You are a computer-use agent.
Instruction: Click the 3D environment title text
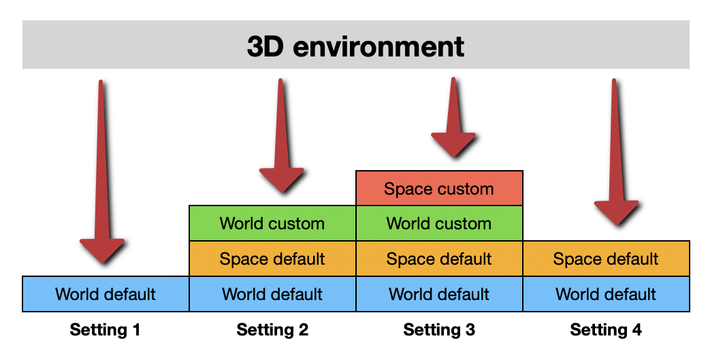tap(355, 46)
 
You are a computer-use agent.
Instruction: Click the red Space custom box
tap(439, 188)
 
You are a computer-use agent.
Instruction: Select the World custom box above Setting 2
tap(272, 223)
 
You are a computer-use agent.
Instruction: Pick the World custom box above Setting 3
tap(439, 223)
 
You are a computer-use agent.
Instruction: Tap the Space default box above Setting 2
tap(272, 259)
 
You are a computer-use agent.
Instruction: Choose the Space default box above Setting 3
tap(439, 259)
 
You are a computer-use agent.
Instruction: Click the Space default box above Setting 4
tap(606, 259)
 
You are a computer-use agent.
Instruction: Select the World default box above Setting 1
tap(106, 294)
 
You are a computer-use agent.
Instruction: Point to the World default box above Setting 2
tap(272, 294)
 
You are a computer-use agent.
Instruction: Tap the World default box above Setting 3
tap(439, 294)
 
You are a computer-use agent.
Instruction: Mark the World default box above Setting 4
tap(606, 294)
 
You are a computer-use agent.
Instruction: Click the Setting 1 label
tap(106, 331)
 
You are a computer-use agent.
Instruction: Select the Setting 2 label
tap(272, 331)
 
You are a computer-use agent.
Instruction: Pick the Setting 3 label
tap(439, 331)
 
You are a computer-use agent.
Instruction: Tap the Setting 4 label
tap(606, 331)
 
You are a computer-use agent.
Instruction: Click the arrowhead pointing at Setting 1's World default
tap(103, 250)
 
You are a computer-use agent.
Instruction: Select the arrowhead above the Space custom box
tap(453, 144)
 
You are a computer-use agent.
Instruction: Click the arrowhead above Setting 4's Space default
tap(616, 212)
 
